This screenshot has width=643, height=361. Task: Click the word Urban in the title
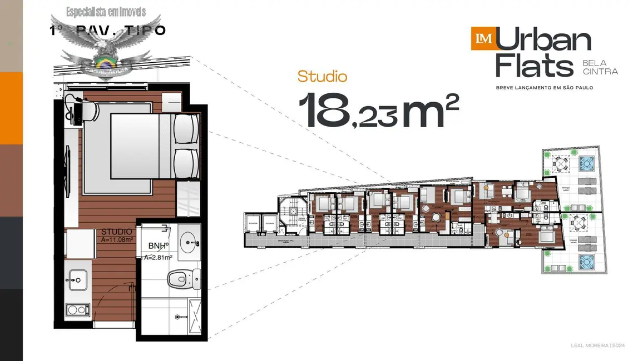pyautogui.click(x=543, y=41)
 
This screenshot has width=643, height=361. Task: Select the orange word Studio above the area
pyautogui.click(x=322, y=77)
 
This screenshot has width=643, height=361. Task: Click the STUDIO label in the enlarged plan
pyautogui.click(x=117, y=232)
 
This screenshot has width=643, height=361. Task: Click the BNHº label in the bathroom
pyautogui.click(x=159, y=245)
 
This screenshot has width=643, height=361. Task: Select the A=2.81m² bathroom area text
pyautogui.click(x=158, y=257)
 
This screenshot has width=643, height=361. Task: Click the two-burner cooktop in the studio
pyautogui.click(x=77, y=309)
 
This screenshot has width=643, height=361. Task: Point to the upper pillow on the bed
pyautogui.click(x=185, y=128)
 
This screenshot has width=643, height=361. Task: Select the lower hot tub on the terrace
pyautogui.click(x=586, y=260)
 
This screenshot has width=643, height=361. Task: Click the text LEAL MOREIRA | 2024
pyautogui.click(x=598, y=345)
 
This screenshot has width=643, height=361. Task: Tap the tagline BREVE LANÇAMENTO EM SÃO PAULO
pyautogui.click(x=545, y=87)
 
